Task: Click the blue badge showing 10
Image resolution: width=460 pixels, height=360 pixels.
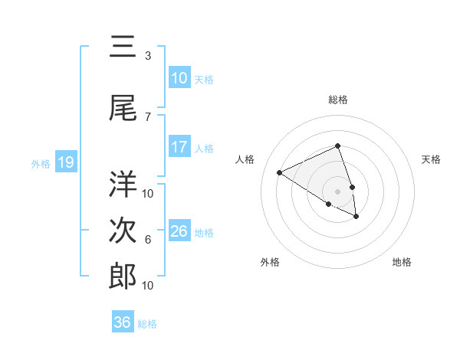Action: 179,78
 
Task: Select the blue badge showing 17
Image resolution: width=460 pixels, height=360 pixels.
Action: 179,147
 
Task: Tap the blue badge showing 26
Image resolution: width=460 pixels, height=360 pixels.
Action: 179,231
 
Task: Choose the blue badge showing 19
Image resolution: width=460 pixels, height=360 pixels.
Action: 66,162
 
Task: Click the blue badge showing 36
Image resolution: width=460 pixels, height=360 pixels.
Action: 123,322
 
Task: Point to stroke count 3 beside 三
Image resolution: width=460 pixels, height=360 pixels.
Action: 147,56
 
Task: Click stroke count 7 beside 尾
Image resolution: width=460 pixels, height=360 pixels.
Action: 147,116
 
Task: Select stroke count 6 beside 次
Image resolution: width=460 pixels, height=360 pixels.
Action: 147,240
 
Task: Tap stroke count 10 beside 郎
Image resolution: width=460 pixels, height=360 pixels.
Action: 148,285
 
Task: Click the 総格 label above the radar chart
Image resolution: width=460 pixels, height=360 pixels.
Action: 338,100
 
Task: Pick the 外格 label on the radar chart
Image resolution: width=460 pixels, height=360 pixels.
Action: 270,262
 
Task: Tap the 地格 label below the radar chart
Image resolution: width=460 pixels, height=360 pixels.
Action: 402,262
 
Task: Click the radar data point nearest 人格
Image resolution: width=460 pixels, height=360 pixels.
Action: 280,173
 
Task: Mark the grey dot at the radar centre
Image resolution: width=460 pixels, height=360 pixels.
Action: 337,191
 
